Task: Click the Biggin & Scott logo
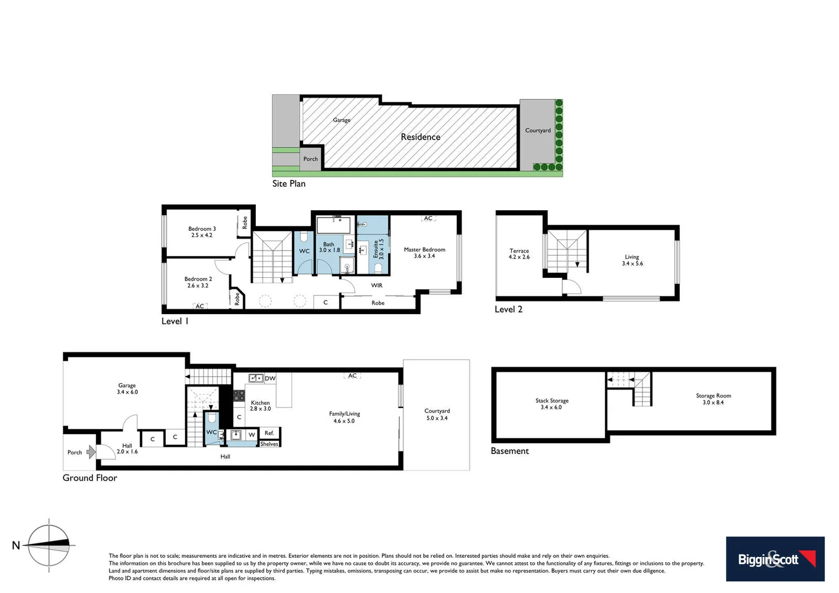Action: tap(775, 558)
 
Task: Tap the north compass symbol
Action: tap(49, 545)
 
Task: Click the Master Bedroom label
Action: tap(424, 250)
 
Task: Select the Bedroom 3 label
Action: tap(202, 229)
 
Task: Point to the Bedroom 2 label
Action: tap(198, 279)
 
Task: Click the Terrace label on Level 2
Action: tap(519, 251)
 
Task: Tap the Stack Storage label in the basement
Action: tap(552, 401)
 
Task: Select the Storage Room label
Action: tap(713, 396)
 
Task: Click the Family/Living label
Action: tap(344, 414)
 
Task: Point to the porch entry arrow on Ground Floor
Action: tap(91, 452)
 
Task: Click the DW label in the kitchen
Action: tap(270, 378)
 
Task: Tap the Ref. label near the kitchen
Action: tap(269, 433)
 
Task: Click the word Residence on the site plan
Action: tap(421, 137)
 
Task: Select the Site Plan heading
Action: tap(289, 184)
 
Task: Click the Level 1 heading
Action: tap(175, 321)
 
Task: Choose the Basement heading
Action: tap(510, 451)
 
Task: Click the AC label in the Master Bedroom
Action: tap(428, 219)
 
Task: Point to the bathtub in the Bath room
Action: tap(333, 226)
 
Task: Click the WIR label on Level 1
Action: tap(377, 286)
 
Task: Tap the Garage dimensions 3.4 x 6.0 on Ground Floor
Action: tap(127, 392)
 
